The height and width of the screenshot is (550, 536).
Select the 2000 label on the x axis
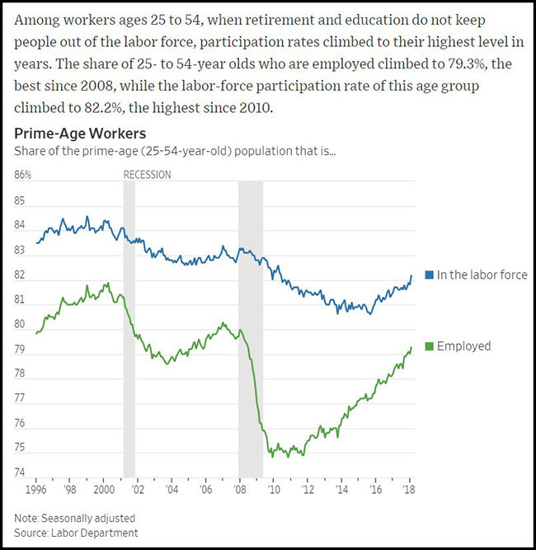tap(104, 490)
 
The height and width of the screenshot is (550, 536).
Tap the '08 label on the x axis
tap(238, 490)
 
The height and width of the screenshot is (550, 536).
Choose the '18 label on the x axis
tap(408, 490)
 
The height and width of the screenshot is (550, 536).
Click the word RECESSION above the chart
tap(147, 175)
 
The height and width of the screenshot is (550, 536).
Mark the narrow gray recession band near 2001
tap(129, 330)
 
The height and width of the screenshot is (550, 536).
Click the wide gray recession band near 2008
tap(251, 330)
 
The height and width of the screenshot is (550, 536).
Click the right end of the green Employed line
tap(411, 347)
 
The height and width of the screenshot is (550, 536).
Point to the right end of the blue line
tap(411, 275)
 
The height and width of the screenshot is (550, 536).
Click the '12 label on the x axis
tap(307, 490)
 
